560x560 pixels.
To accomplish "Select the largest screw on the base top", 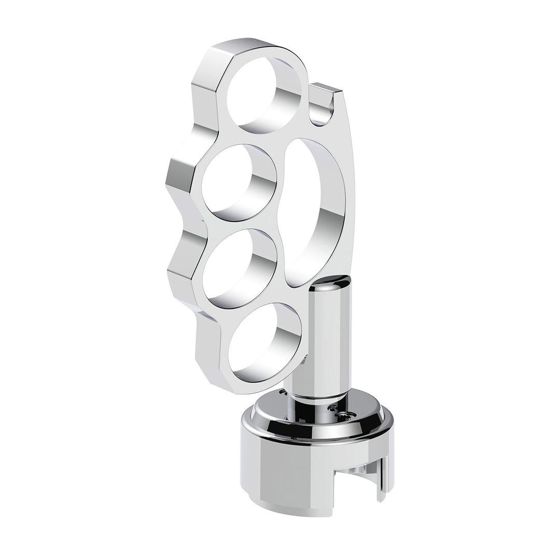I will tap(346, 415).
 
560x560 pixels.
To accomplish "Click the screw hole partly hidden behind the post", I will tap(283, 394).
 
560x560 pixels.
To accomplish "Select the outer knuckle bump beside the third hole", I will tap(181, 259).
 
